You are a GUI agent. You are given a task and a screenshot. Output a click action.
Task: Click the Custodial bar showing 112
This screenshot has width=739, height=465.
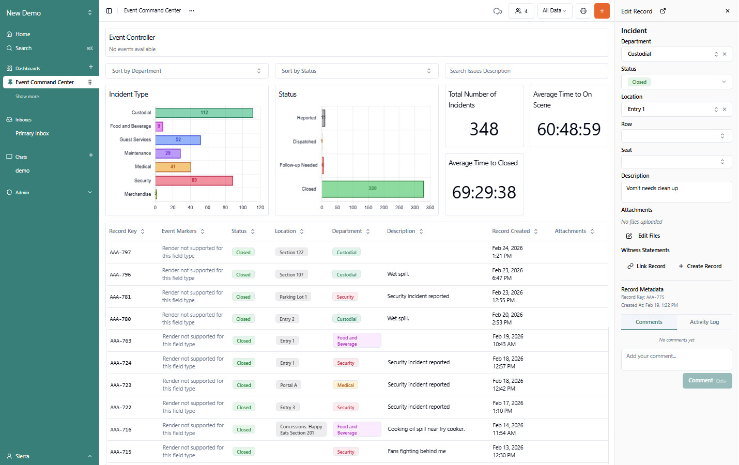(204, 113)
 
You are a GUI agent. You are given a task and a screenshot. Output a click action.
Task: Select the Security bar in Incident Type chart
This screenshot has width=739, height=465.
(194, 180)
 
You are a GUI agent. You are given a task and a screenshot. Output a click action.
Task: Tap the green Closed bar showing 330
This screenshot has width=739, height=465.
(373, 189)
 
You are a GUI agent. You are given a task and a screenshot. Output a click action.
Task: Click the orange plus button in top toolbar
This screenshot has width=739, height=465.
(602, 11)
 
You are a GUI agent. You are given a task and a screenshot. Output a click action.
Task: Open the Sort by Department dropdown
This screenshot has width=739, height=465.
(187, 71)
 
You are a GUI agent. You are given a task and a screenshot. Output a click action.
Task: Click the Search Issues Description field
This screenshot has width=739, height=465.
(526, 71)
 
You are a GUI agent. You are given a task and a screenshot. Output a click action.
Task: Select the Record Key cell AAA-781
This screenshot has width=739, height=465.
(120, 297)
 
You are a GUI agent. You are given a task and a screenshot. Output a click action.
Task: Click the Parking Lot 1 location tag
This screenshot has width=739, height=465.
(293, 297)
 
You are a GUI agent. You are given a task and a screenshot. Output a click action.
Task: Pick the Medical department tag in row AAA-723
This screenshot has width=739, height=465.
(345, 385)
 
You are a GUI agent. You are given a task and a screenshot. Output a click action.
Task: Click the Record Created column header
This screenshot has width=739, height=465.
(511, 231)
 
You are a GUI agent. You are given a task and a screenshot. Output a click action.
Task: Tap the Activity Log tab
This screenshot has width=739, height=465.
(704, 322)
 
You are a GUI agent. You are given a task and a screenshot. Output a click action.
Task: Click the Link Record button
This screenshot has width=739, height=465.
(646, 266)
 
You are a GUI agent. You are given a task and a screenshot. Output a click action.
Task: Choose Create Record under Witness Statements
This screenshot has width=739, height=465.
(700, 266)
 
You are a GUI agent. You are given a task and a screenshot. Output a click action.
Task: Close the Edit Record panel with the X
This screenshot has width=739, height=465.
(728, 11)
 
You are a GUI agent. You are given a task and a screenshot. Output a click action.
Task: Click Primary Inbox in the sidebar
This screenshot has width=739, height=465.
(32, 134)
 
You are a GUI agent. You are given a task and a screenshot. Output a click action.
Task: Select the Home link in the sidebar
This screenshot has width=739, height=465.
(22, 34)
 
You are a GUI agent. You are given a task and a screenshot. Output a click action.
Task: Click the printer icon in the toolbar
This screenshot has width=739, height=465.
(583, 11)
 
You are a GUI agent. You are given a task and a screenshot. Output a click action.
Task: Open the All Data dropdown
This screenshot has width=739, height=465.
(554, 11)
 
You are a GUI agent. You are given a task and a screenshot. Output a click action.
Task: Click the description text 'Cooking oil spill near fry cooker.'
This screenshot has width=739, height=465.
(426, 429)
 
